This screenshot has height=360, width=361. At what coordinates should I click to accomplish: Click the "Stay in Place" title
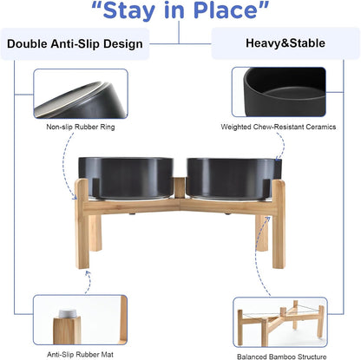(x=180, y=13)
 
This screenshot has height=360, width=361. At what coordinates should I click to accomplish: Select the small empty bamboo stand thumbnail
(x=279, y=321)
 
